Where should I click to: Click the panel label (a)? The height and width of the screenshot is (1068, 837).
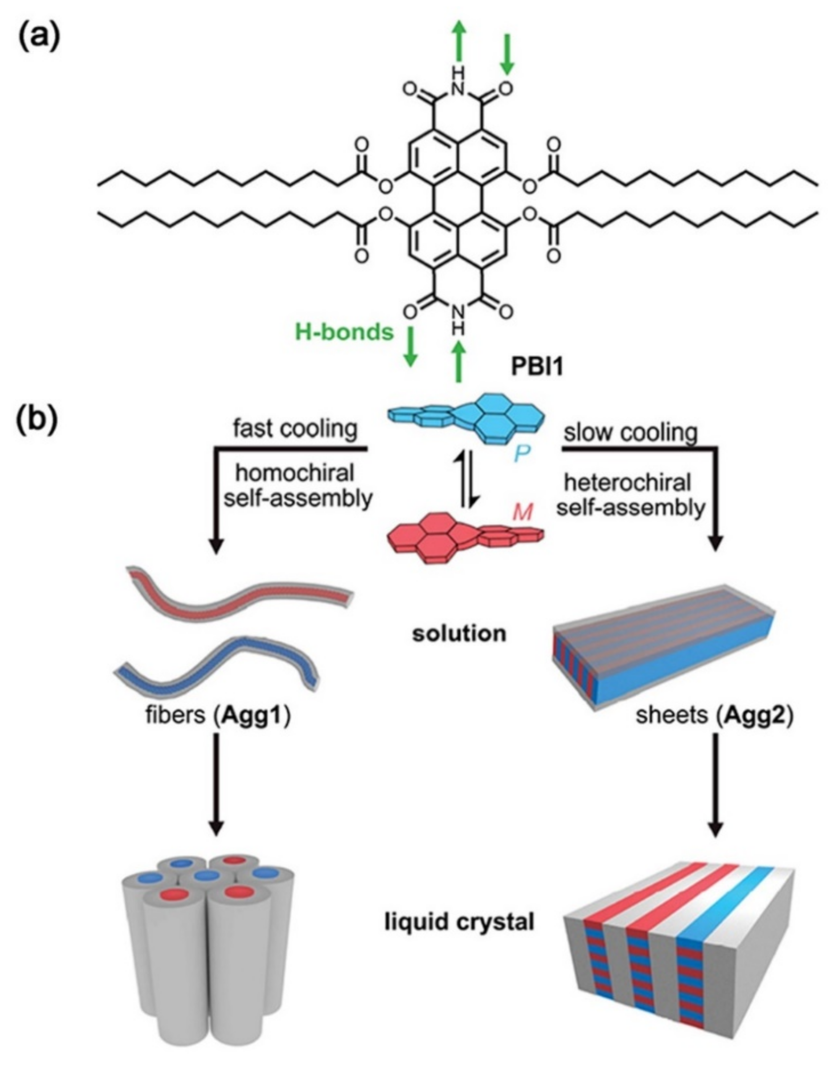click(x=39, y=38)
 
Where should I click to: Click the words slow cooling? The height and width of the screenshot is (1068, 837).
click(x=630, y=433)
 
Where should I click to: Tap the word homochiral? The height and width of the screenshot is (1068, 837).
click(x=295, y=474)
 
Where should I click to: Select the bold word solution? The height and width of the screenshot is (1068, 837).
click(x=459, y=634)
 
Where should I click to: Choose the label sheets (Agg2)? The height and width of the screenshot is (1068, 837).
click(x=715, y=716)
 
